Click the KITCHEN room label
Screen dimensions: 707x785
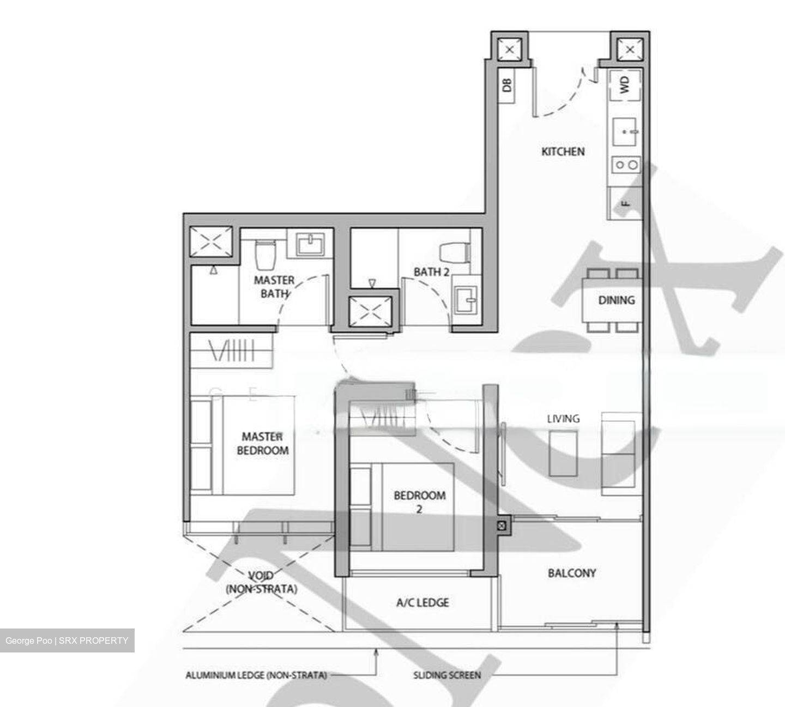pos(563,152)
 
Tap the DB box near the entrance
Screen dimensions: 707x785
pos(507,84)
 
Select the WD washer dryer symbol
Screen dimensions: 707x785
pos(625,84)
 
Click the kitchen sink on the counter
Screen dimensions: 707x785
pos(625,131)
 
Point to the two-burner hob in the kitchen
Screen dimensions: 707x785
pos(625,164)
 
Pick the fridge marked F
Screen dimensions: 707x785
pos(625,203)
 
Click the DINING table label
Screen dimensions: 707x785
pos(616,300)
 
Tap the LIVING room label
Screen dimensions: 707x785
pos(563,419)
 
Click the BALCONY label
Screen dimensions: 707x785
pos(571,573)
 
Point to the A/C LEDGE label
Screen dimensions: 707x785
pos(422,602)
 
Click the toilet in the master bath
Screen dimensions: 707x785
pos(267,255)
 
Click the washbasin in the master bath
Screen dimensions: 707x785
pos(310,243)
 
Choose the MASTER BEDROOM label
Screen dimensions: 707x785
pos(263,444)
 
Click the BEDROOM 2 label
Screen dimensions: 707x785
pos(419,502)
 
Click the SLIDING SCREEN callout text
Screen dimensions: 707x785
pos(447,675)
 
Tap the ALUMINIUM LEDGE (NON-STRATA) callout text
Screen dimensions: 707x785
pos(256,675)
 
